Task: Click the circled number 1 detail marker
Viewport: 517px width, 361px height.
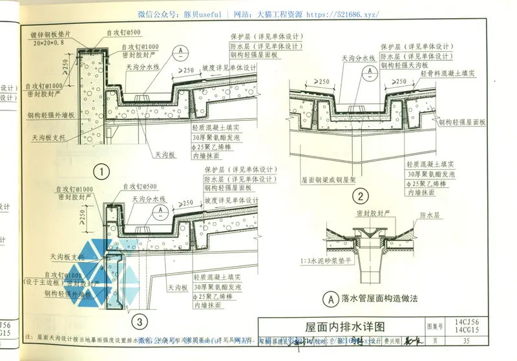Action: click(101, 172)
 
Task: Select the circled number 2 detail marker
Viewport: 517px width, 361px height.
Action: click(361, 196)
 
